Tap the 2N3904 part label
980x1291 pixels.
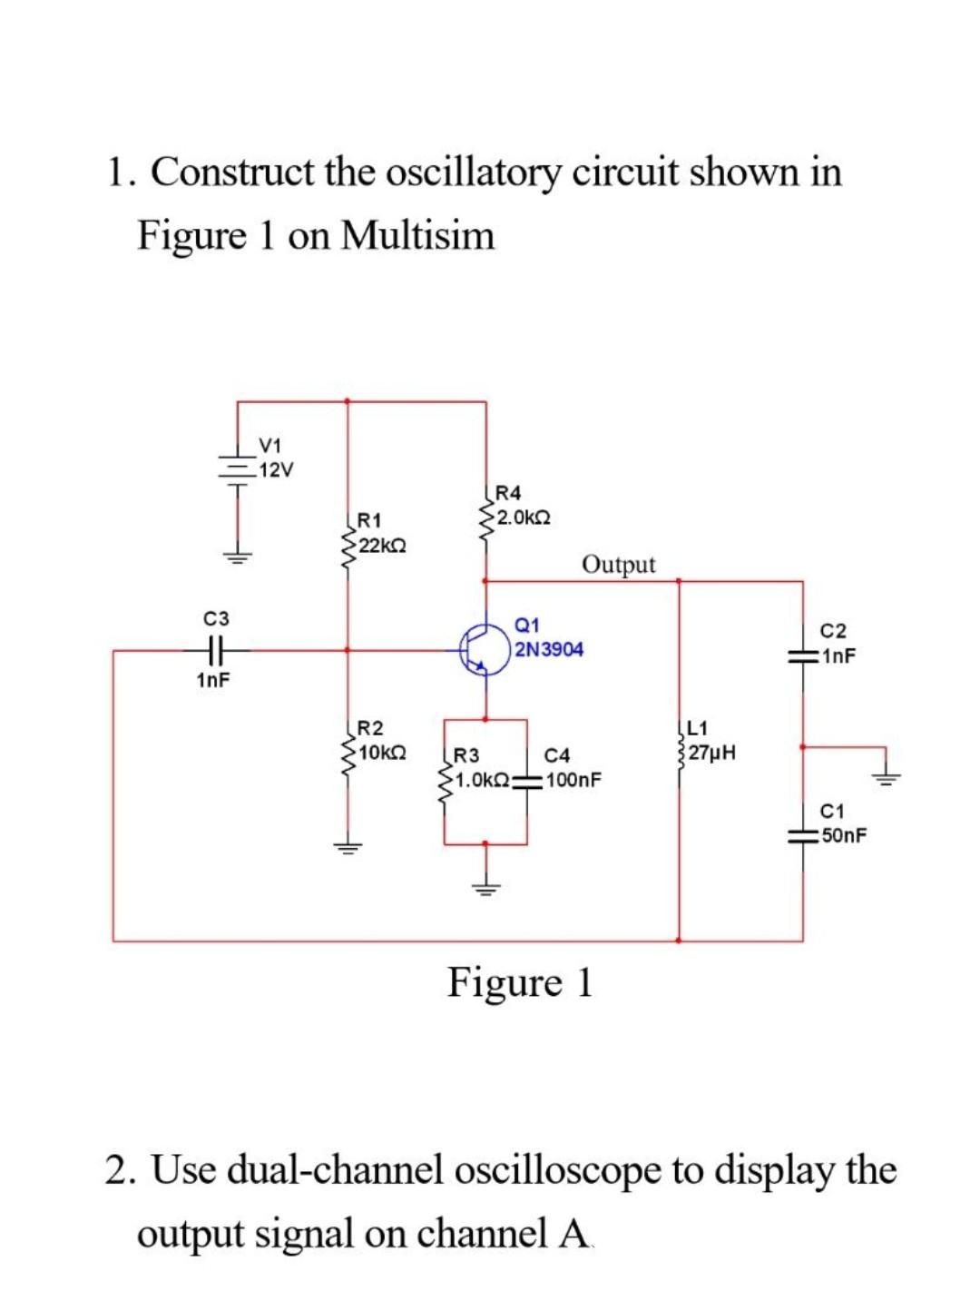549,649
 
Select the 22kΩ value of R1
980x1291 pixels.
382,545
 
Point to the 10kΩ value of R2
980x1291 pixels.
382,753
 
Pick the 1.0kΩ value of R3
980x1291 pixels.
482,779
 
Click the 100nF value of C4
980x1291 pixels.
573,779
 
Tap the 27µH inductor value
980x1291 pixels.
712,753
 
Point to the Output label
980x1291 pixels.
618,565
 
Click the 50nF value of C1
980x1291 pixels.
843,834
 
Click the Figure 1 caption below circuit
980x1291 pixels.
520,982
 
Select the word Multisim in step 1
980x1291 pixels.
418,236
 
